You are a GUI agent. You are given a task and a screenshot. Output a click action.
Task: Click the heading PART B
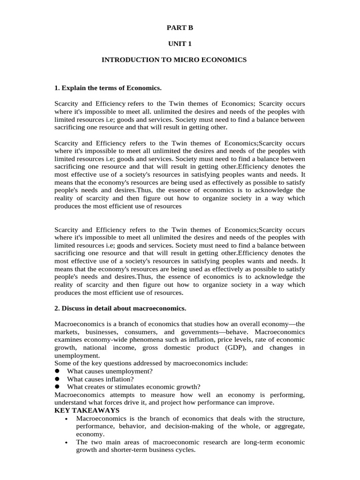click(x=180, y=28)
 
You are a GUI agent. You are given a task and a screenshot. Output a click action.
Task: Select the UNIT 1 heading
click(x=180, y=44)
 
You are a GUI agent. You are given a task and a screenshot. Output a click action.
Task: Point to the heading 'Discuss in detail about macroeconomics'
click(x=120, y=308)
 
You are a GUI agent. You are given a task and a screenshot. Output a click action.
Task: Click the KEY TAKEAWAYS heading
click(x=87, y=410)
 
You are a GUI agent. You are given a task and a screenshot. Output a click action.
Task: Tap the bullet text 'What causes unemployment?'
click(x=110, y=371)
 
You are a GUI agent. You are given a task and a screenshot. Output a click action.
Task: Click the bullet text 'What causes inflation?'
click(x=100, y=379)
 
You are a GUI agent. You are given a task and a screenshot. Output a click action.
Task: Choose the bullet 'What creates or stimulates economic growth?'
click(x=134, y=387)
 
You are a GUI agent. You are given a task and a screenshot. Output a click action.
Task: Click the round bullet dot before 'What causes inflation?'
click(x=57, y=379)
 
